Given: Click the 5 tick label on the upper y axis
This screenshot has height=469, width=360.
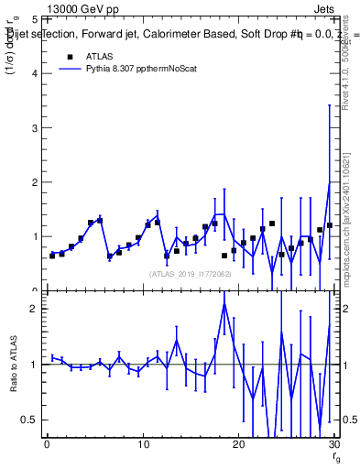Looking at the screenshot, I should tap(35, 19).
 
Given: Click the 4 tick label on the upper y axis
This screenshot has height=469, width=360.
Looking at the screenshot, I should tap(35, 73).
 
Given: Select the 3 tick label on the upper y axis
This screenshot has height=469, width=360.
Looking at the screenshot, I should tap(35, 127).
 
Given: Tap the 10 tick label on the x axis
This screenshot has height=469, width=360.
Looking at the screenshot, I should tap(142, 444).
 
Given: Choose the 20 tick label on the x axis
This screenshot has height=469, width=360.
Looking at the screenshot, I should tap(238, 444).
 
